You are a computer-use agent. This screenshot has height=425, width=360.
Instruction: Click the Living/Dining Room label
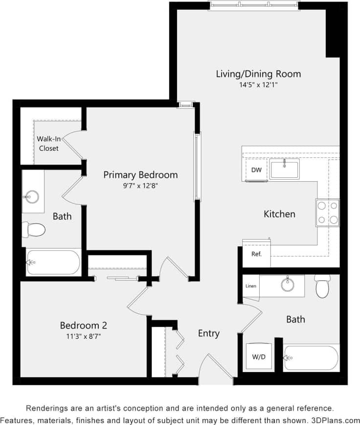(258, 74)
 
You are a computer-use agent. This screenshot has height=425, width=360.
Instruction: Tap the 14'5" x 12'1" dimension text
(258, 85)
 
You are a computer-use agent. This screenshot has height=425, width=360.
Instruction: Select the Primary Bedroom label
(140, 175)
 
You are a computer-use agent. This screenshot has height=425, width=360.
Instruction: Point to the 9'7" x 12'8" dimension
(140, 186)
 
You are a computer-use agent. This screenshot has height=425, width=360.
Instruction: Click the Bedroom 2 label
(83, 325)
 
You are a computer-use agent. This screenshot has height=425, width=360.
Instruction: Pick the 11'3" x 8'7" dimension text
(83, 336)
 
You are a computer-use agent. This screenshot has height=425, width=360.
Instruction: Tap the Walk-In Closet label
(48, 143)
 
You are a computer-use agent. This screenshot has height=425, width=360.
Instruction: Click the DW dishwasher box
(256, 170)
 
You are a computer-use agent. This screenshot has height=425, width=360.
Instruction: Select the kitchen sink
(284, 169)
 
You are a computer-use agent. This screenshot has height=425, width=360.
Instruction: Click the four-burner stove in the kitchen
(327, 212)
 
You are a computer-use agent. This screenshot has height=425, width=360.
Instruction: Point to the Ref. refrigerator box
(256, 254)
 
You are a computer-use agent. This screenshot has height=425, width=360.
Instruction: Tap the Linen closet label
(250, 286)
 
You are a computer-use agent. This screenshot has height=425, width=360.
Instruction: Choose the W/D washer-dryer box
(258, 357)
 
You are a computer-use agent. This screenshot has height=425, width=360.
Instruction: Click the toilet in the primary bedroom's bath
(36, 229)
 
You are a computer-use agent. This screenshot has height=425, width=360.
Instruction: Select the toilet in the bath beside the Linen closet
(323, 286)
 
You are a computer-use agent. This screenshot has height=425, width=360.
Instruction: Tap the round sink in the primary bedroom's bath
(31, 197)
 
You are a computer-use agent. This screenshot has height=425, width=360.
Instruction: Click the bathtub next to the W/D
(311, 358)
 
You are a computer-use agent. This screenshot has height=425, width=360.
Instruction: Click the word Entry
(209, 333)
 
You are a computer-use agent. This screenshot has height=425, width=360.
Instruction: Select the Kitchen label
(279, 214)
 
